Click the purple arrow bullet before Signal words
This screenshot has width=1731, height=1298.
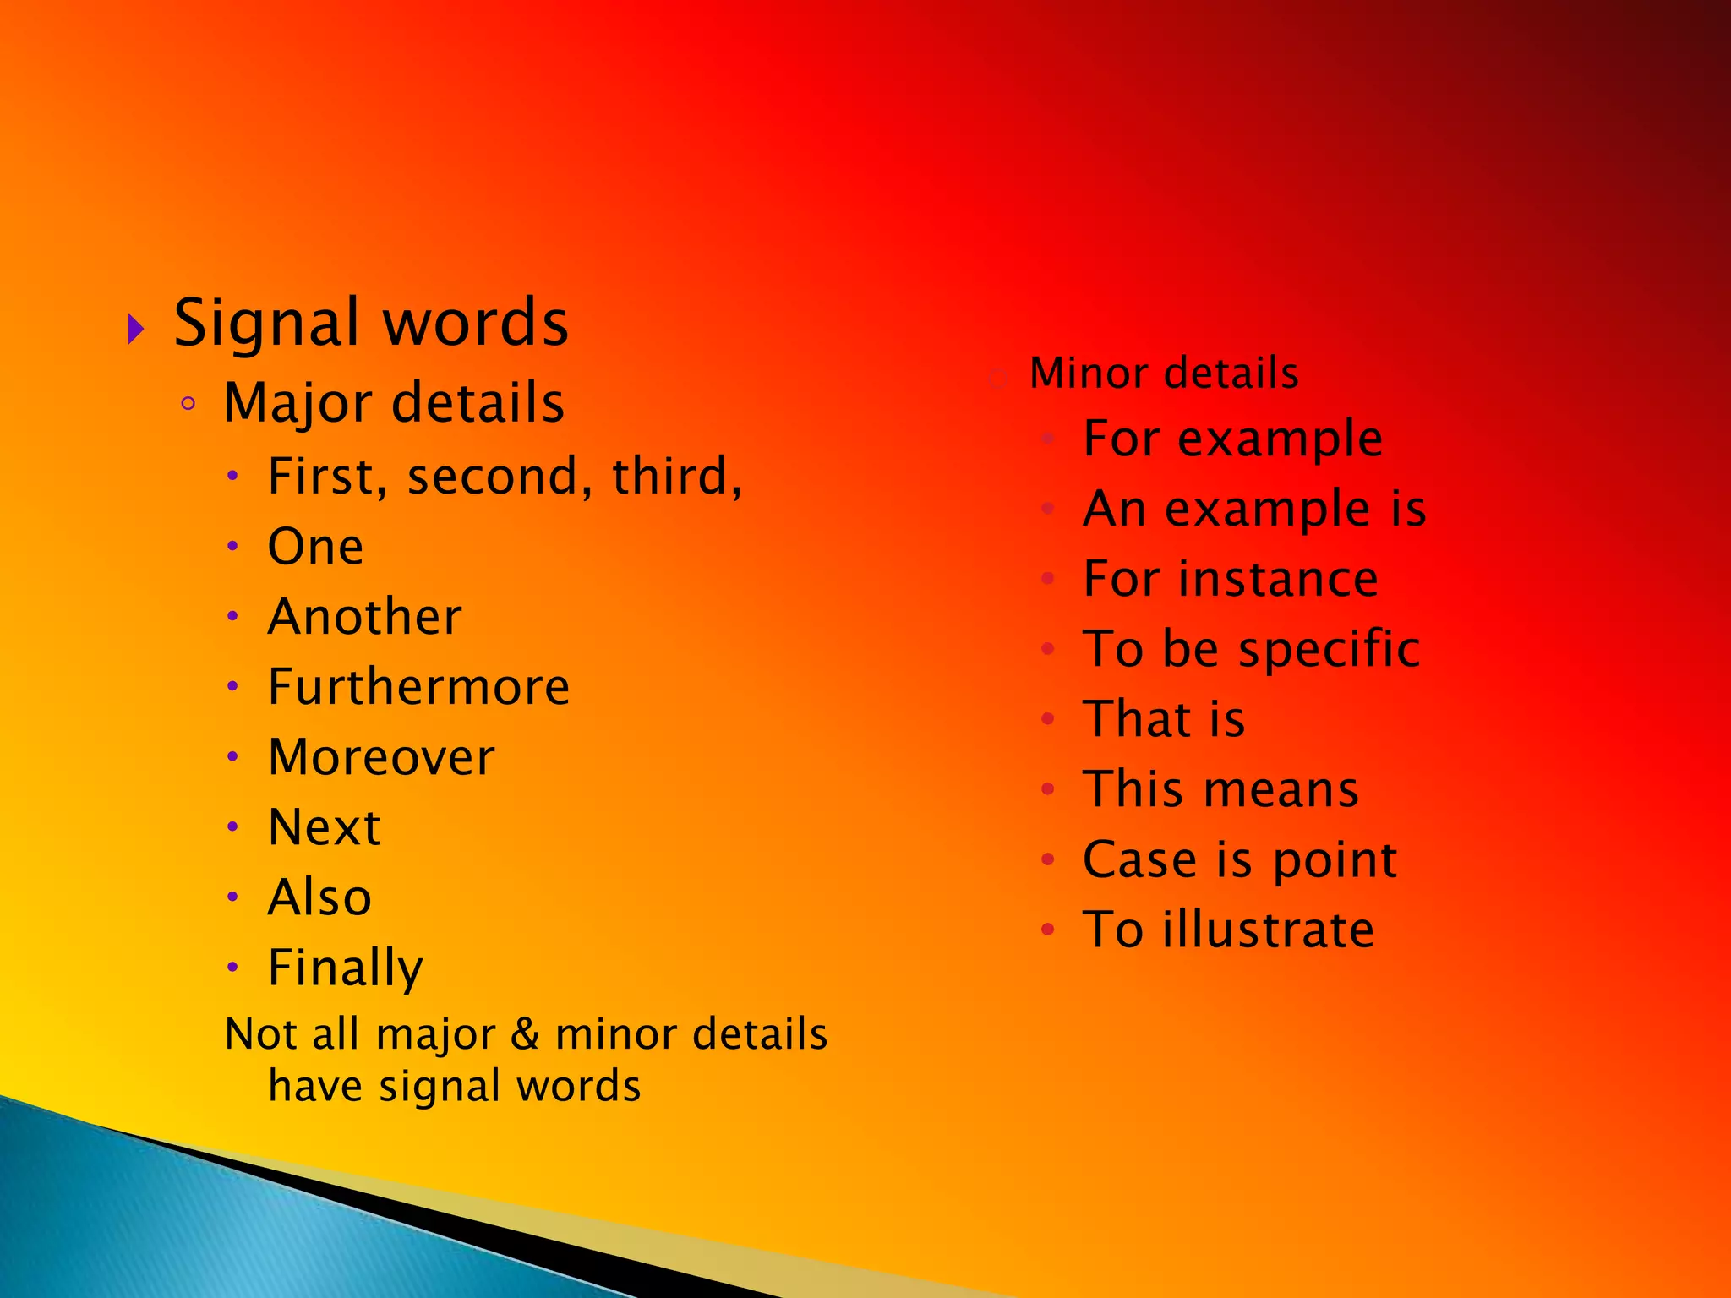(136, 329)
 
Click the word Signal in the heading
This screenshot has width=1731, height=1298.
(267, 324)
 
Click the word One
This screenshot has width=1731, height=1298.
(315, 547)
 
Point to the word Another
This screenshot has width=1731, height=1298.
(364, 617)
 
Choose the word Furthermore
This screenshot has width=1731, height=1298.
(418, 687)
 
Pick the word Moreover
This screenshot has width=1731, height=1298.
(381, 757)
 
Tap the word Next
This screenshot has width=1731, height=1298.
(324, 827)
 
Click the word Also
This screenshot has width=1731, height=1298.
(319, 897)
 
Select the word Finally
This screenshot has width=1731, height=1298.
(345, 968)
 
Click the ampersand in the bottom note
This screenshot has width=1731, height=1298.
(525, 1034)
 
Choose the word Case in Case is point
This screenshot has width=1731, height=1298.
(1139, 860)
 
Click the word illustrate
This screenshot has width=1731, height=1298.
(1268, 930)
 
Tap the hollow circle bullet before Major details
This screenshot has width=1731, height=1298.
(188, 404)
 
